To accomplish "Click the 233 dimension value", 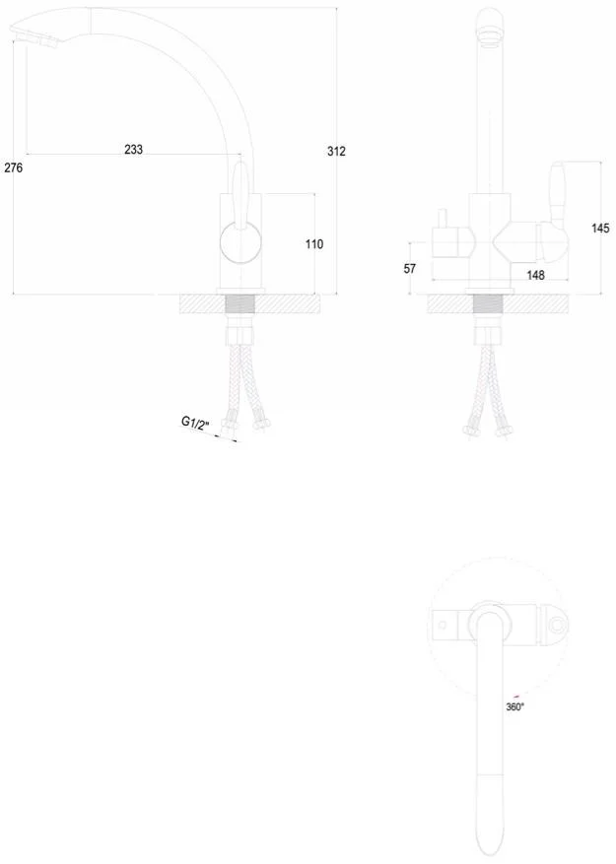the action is pos(133,149).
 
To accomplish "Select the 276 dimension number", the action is pos(13,167).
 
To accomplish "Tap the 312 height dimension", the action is pos(336,151).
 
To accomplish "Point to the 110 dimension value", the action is pos(314,243).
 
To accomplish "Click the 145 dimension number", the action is pos(600,228).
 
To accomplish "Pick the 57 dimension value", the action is pos(410,268).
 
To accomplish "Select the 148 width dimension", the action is pos(535,275).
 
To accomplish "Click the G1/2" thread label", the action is pos(196,424).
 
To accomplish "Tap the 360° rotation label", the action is pos(515,707).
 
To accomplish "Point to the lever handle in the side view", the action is pos(240,194).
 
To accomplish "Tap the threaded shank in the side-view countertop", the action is pos(241,304).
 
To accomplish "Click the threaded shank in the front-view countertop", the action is pos(489,304).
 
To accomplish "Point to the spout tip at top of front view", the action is pos(490,26).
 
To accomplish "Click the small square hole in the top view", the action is pos(442,625).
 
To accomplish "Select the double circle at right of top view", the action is pos(558,626).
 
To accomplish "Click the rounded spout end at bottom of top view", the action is pos(490,827).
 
